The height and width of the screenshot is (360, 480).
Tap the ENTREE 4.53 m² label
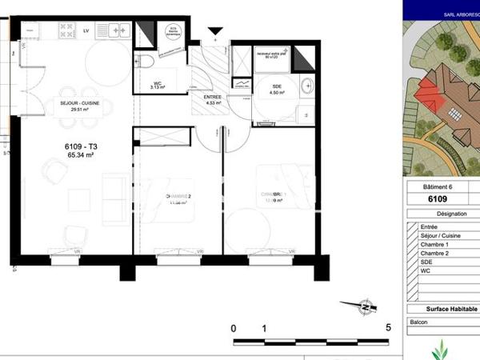coord(213,99)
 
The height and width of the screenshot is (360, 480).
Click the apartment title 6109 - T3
coord(79,146)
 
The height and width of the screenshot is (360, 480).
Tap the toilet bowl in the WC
coord(143,62)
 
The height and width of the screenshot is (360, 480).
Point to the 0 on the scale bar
coord(234,328)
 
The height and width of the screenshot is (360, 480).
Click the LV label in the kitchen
coord(86,30)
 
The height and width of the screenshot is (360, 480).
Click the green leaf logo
coord(439,350)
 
